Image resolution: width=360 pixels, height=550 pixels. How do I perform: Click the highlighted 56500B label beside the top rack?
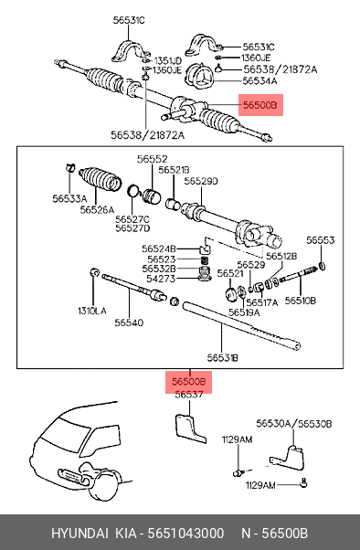click(x=260, y=105)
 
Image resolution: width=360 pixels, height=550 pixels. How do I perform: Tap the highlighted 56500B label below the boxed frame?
click(x=189, y=381)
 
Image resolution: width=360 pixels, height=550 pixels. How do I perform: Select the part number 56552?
click(x=153, y=159)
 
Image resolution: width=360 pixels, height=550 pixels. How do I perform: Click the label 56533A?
click(x=69, y=199)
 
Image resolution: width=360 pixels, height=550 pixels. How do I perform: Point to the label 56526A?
click(x=97, y=210)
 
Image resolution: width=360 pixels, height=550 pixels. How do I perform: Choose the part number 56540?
click(x=129, y=323)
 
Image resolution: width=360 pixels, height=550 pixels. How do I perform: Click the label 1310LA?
click(x=92, y=311)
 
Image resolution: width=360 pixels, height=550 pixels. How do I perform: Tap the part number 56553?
click(x=321, y=240)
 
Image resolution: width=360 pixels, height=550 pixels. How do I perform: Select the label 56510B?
click(x=301, y=301)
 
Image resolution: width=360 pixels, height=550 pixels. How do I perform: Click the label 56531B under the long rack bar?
click(x=222, y=358)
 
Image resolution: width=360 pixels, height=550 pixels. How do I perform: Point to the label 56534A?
click(x=259, y=81)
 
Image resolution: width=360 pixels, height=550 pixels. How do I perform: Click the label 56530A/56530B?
click(x=293, y=424)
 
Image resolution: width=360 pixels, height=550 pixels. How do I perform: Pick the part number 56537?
click(x=189, y=395)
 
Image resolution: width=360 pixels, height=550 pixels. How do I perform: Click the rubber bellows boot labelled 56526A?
click(x=100, y=178)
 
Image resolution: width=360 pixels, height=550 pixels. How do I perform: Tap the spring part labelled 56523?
click(x=205, y=260)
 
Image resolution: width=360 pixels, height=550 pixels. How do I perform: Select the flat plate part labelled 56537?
click(x=189, y=429)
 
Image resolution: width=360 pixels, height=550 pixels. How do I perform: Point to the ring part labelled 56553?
click(x=322, y=266)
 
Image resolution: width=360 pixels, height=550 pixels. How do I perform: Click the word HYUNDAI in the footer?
click(x=79, y=534)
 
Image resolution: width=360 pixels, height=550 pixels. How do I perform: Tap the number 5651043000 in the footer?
click(x=185, y=534)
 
